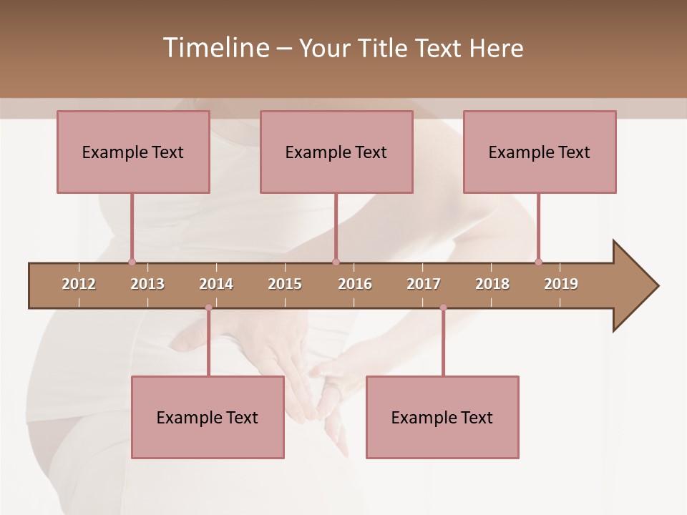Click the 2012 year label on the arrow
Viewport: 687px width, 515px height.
tap(79, 284)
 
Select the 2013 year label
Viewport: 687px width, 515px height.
tap(147, 284)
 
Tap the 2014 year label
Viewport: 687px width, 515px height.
tap(216, 284)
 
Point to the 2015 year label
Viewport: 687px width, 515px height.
tap(285, 284)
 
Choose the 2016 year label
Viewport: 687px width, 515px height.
tap(355, 284)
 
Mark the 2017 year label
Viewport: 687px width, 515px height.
tap(424, 284)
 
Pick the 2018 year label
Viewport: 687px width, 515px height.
tap(492, 284)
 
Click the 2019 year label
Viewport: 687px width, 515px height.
tap(561, 284)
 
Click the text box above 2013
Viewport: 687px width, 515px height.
tap(133, 152)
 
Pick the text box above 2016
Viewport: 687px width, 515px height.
tap(336, 152)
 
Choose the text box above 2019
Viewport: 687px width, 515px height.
tap(540, 152)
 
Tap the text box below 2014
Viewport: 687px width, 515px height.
tap(208, 417)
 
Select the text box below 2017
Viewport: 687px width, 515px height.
tap(442, 417)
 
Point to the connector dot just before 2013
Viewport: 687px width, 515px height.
tap(132, 262)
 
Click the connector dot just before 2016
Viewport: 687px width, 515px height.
tap(336, 262)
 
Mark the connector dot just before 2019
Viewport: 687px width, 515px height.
tap(538, 262)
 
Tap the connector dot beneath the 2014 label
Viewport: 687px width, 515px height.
tap(208, 308)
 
